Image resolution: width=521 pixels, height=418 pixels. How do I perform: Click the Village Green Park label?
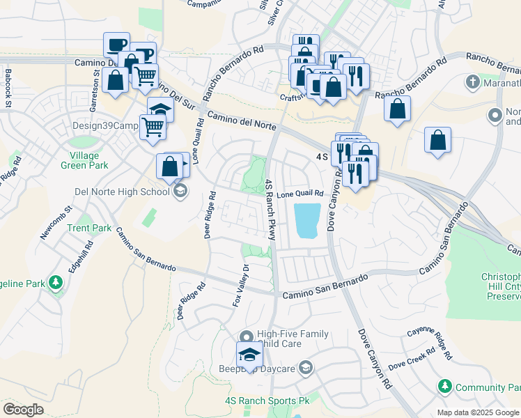pyautogui.click(x=88, y=160)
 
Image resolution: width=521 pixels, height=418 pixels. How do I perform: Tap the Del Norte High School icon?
pyautogui.click(x=180, y=191)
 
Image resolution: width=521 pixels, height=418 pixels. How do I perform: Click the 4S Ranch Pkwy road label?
pyautogui.click(x=270, y=210)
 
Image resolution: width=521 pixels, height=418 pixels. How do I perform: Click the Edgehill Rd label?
pyautogui.click(x=81, y=258)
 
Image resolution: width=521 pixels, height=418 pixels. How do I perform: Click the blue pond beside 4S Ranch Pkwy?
pyautogui.click(x=307, y=220)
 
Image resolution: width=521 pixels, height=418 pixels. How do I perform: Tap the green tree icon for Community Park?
pyautogui.click(x=444, y=386)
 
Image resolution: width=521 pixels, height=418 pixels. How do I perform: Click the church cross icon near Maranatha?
pyautogui.click(x=472, y=82)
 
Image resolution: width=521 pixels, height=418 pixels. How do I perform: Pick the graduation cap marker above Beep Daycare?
pyautogui.click(x=248, y=354)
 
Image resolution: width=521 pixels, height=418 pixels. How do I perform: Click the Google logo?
pyautogui.click(x=23, y=410)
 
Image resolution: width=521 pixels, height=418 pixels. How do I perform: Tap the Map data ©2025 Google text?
pyautogui.click(x=478, y=412)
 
